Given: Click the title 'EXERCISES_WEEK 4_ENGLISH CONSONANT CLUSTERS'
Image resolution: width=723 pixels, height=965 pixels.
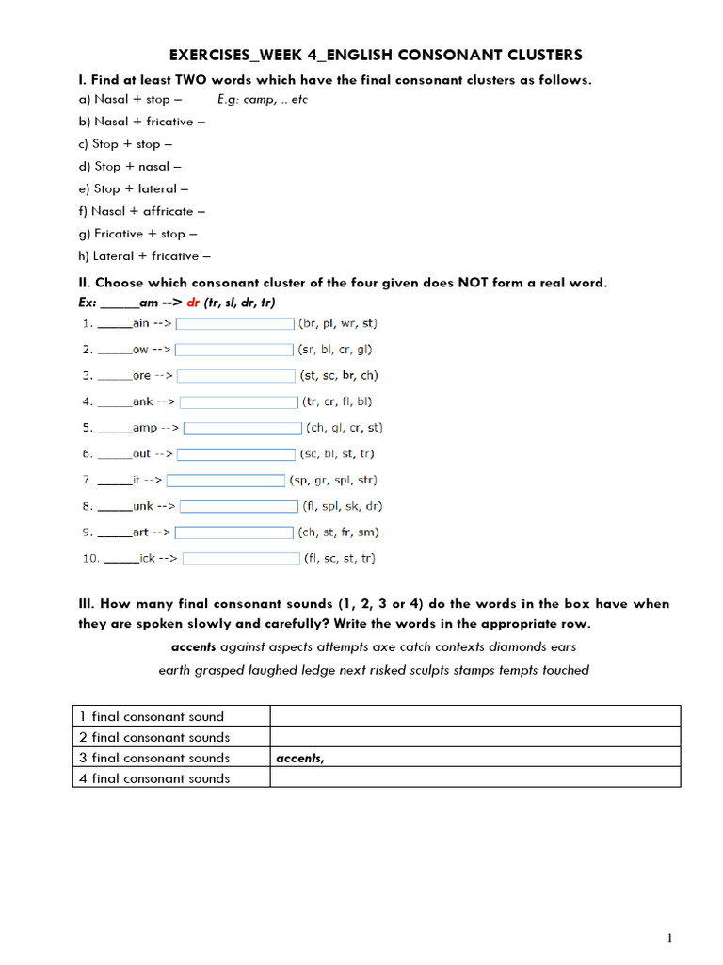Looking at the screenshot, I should pyautogui.click(x=376, y=56).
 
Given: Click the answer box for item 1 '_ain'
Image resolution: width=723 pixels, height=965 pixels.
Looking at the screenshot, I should pyautogui.click(x=235, y=323).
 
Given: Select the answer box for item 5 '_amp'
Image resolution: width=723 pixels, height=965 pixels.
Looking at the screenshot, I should pyautogui.click(x=242, y=428).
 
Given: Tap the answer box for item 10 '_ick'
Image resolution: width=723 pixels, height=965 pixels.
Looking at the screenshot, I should pyautogui.click(x=241, y=558).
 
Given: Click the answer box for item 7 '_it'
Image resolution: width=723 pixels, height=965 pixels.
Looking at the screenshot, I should pyautogui.click(x=225, y=480).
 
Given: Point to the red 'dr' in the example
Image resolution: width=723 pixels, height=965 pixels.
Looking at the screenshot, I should pyautogui.click(x=194, y=303).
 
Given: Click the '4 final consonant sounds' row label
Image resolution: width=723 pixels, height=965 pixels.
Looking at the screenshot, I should pyautogui.click(x=154, y=778).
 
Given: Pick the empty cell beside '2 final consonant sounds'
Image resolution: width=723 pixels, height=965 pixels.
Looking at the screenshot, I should pyautogui.click(x=474, y=737).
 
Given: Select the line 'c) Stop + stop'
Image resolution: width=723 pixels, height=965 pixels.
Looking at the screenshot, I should pyautogui.click(x=126, y=144).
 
